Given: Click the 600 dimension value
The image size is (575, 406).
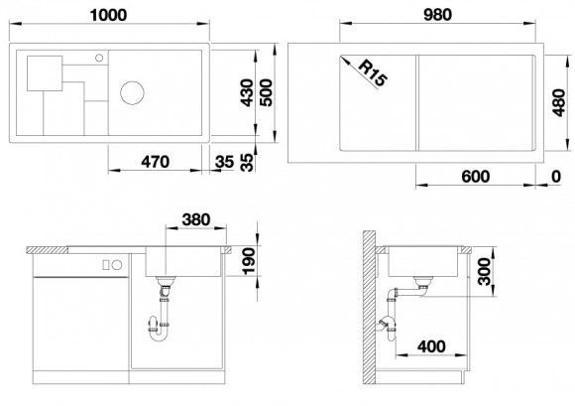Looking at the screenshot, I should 476,176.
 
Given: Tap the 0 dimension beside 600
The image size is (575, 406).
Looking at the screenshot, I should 554,176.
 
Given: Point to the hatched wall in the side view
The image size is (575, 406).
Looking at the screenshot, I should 369,308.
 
